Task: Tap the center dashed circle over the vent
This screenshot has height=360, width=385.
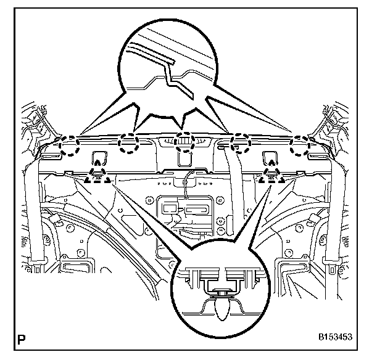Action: pos(184,142)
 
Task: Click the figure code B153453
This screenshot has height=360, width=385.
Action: pos(334,338)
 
